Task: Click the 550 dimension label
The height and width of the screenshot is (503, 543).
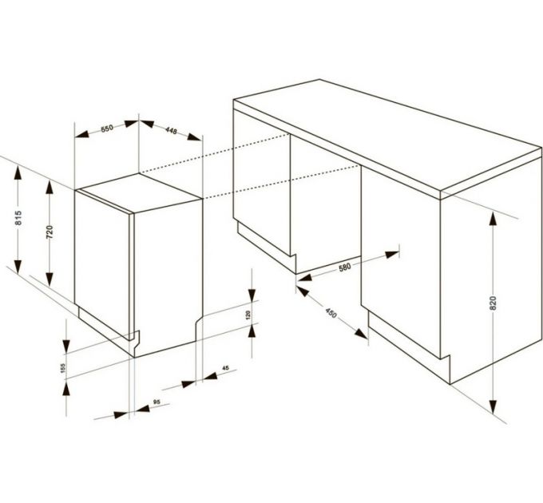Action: click(107, 129)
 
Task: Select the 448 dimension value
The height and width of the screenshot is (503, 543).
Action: click(171, 130)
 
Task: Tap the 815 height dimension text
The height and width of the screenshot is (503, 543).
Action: click(18, 218)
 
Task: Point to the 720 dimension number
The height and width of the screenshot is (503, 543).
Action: click(50, 232)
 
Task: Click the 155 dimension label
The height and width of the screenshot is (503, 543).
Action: click(62, 367)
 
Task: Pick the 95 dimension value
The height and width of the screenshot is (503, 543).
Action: click(157, 402)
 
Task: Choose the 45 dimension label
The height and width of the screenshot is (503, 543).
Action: click(225, 368)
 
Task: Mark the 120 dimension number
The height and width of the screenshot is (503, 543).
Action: click(248, 315)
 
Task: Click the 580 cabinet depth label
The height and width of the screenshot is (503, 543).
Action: click(345, 267)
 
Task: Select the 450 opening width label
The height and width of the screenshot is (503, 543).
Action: click(331, 313)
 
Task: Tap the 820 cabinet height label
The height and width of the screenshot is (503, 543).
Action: click(493, 303)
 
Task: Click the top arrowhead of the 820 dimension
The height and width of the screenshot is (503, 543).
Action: click(493, 219)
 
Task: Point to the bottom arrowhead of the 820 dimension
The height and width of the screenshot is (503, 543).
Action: click(493, 406)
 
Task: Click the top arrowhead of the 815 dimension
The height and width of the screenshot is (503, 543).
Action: click(18, 173)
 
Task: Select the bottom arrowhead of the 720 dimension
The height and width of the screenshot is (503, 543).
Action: click(50, 279)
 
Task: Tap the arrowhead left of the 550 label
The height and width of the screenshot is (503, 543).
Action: click(82, 134)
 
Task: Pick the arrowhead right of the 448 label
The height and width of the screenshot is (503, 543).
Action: click(194, 137)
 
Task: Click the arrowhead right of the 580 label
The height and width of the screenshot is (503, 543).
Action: click(391, 255)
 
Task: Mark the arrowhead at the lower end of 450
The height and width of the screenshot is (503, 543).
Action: click(361, 334)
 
